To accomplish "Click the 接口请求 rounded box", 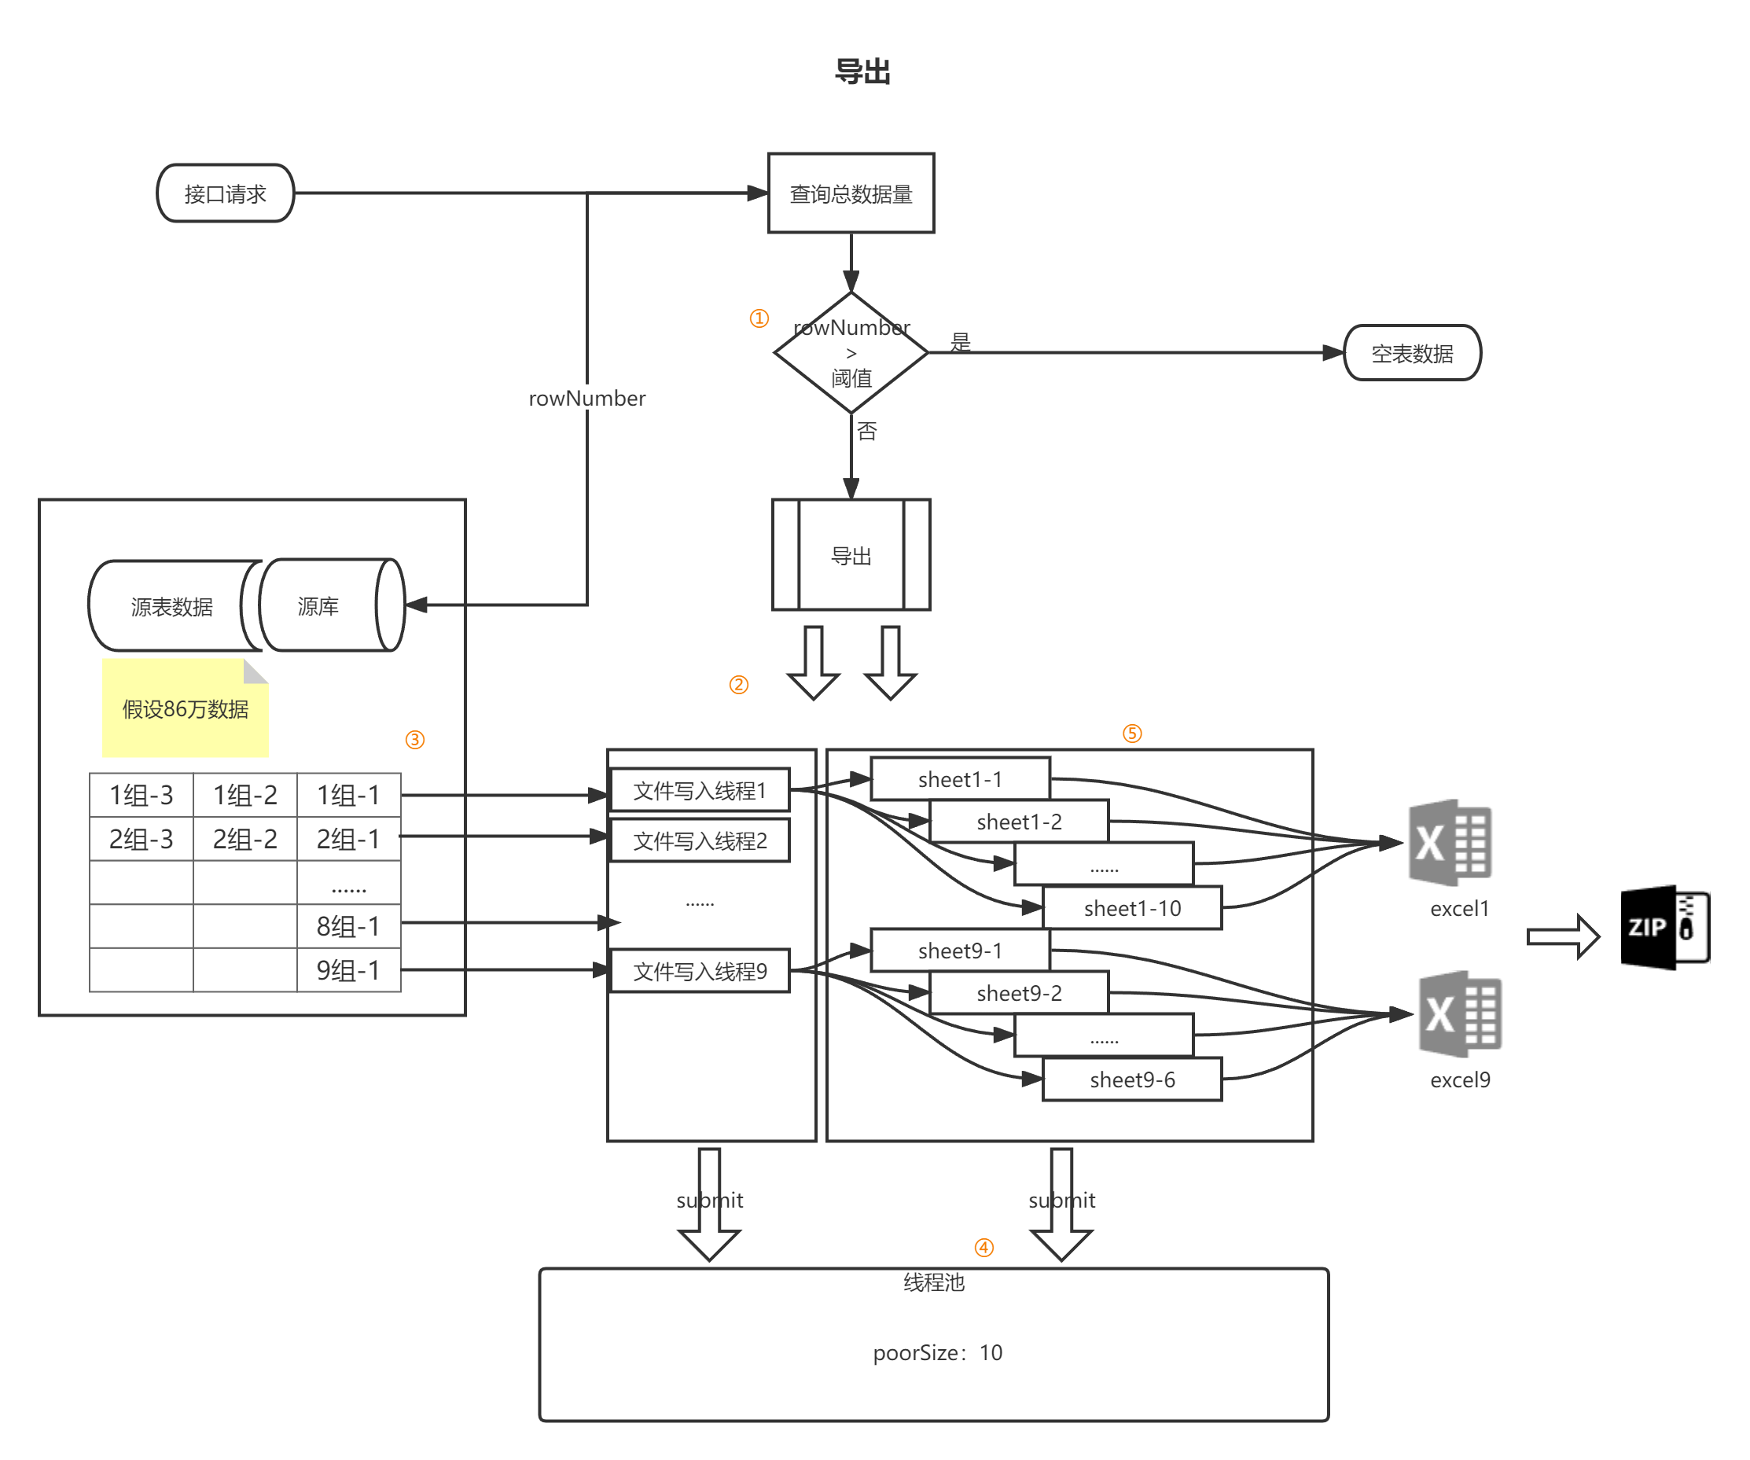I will click(225, 193).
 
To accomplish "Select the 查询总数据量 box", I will click(851, 193).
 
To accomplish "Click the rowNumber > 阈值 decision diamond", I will click(851, 352).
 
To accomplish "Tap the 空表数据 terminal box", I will click(1412, 353).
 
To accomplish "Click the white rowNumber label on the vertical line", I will click(586, 398).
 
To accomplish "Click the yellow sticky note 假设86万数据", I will click(185, 708).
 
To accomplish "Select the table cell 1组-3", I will click(141, 795).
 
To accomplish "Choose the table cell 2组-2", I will click(245, 838).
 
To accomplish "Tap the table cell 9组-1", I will click(348, 970).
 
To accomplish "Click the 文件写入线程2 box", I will click(700, 840).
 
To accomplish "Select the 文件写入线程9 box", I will click(700, 971).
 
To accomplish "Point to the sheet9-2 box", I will click(1018, 993).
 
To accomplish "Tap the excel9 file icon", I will click(1460, 1014).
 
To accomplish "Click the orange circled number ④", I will click(984, 1248).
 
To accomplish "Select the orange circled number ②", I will click(738, 684).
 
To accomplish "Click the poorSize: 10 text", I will click(937, 1352).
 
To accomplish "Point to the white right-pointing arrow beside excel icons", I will click(1564, 936).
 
